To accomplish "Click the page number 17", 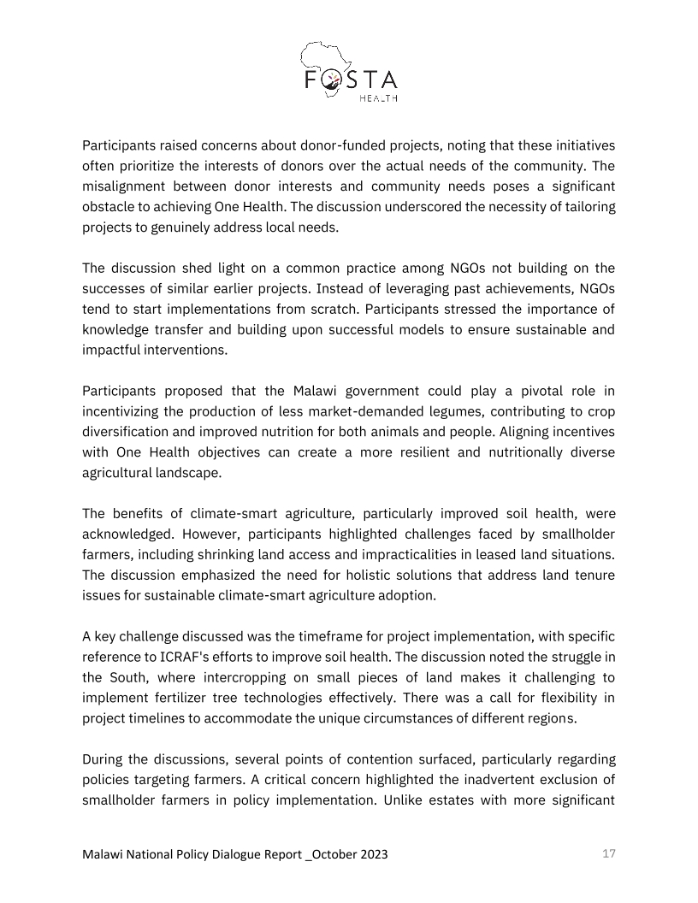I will tap(609, 853).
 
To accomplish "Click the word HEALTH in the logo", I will tap(378, 98).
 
